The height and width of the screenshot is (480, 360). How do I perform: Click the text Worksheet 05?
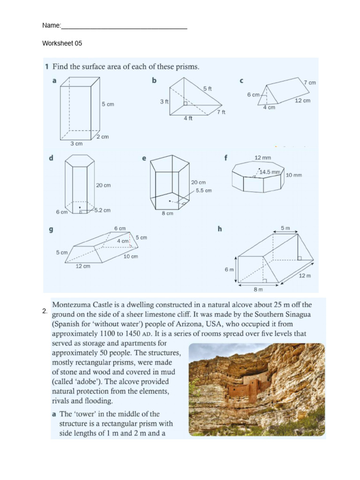pyautogui.click(x=62, y=43)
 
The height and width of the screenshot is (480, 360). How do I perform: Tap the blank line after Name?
pyautogui.click(x=124, y=26)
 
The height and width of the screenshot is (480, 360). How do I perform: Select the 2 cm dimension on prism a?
pyautogui.click(x=103, y=136)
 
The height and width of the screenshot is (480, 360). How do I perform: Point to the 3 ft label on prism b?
pyautogui.click(x=164, y=101)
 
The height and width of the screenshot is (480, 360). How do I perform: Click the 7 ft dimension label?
pyautogui.click(x=221, y=112)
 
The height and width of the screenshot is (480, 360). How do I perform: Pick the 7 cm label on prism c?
pyautogui.click(x=309, y=82)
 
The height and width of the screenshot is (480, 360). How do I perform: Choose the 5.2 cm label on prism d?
pyautogui.click(x=102, y=210)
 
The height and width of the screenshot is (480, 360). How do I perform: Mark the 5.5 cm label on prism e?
pyautogui.click(x=203, y=190)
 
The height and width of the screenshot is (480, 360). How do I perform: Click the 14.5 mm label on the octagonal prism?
pyautogui.click(x=270, y=172)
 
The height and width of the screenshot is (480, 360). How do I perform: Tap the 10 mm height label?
pyautogui.click(x=293, y=175)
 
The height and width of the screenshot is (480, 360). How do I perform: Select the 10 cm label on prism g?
pyautogui.click(x=130, y=256)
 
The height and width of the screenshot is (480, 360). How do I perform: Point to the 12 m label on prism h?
pyautogui.click(x=305, y=276)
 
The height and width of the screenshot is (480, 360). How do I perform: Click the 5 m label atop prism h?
pyautogui.click(x=285, y=228)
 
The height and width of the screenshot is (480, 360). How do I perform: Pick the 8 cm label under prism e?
pyautogui.click(x=167, y=213)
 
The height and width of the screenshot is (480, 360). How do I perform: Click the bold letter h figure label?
pyautogui.click(x=219, y=229)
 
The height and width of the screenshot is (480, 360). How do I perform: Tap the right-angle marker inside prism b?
pyautogui.click(x=186, y=103)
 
